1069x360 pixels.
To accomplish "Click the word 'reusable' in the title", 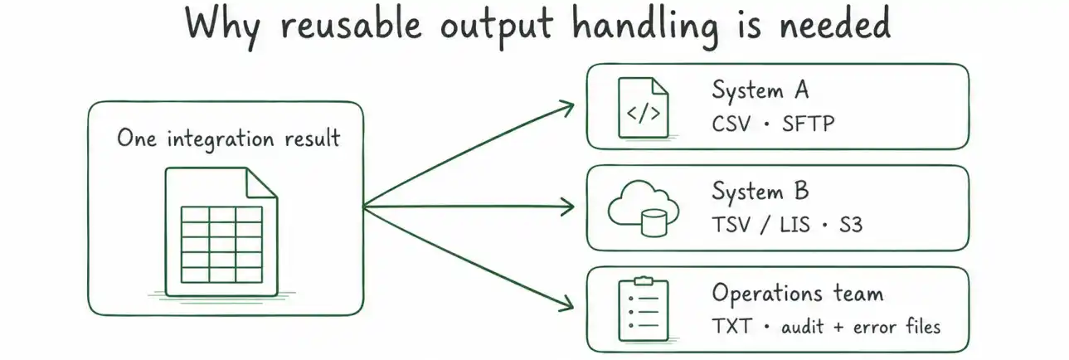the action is [352, 24].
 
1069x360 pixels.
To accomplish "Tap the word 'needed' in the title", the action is [835, 23].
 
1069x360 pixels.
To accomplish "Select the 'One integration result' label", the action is [229, 139].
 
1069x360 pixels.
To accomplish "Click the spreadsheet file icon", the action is [221, 232].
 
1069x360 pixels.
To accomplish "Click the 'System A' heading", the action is [760, 90].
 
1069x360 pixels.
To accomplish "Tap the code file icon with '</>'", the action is [644, 108].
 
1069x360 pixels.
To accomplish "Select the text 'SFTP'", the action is [809, 124].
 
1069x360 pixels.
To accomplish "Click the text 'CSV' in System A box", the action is [731, 124].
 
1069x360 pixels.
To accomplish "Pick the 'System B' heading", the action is [760, 191].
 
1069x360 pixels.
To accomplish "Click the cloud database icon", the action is [644, 208].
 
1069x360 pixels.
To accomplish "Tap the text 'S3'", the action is [851, 225].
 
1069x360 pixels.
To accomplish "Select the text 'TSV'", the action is [731, 225].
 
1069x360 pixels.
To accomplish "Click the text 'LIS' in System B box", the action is [794, 225].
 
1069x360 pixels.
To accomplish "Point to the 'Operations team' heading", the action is [798, 293].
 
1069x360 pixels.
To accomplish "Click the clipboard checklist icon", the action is [644, 309].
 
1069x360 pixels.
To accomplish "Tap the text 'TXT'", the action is [731, 327].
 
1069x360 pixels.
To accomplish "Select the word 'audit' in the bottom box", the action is [802, 327].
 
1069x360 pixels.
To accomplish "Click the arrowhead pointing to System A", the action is [566, 109].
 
